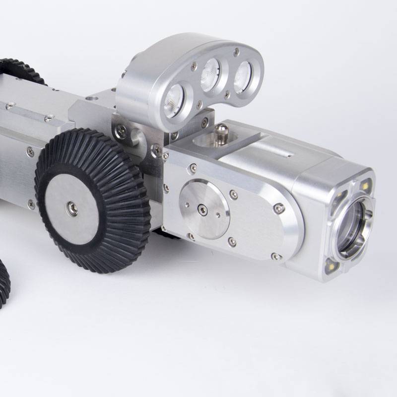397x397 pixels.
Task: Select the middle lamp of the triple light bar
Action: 210,76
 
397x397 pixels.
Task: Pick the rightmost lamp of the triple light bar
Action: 243,74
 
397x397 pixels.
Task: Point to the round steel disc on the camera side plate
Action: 204,208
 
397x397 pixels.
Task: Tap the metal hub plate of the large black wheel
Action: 73,208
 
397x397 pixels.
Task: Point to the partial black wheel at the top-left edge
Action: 20,69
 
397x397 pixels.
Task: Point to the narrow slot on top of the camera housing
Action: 284,155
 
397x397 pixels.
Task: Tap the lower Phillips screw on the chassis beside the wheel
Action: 32,203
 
